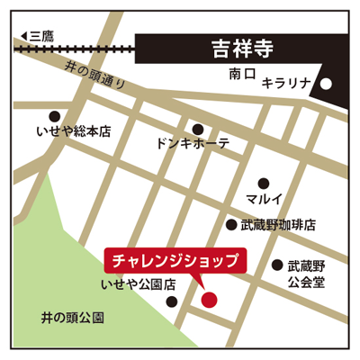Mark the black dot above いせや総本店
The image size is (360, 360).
pos(55,115)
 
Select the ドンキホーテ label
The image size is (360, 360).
pos(193,144)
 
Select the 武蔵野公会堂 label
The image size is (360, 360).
pos(305,274)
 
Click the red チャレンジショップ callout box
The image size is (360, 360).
pos(175,261)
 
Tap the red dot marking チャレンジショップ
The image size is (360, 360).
pos(209,299)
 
